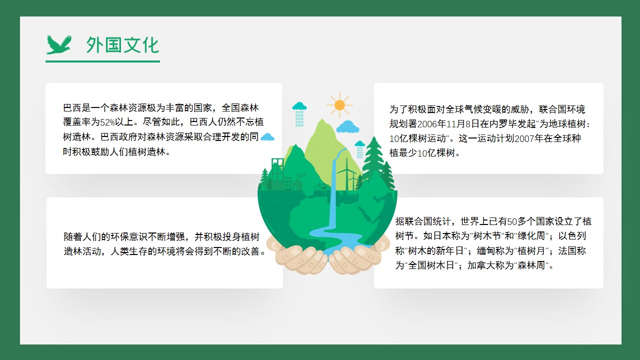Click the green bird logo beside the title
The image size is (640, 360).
pos(59,45)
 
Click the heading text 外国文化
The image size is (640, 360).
pos(122,45)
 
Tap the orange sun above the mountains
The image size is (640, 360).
pos(339,105)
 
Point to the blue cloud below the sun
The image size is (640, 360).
pos(347,127)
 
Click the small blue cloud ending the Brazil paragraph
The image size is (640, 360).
pos(267,137)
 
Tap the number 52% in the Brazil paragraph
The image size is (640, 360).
pos(107,122)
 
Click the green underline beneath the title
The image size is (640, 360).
pos(102,61)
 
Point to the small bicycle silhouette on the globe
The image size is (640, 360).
pos(321,186)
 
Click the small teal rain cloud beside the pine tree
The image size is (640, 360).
pos(359,149)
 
